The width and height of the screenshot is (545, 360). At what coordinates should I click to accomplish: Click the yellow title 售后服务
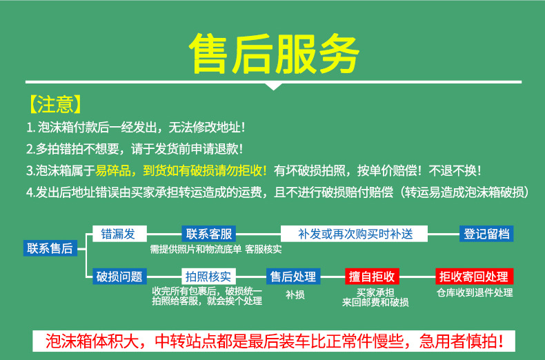[274, 52]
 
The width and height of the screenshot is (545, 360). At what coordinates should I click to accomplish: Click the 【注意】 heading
[56, 105]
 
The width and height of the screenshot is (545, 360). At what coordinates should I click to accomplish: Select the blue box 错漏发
[118, 234]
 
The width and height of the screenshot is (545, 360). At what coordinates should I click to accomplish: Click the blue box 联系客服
[209, 234]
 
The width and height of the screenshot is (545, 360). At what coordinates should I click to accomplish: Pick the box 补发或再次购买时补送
[355, 234]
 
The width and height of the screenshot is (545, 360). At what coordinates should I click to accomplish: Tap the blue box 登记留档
[487, 234]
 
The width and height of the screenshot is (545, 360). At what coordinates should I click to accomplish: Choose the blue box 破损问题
[119, 277]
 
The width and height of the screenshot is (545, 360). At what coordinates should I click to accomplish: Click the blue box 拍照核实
[210, 277]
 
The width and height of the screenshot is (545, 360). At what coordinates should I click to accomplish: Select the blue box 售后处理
[293, 277]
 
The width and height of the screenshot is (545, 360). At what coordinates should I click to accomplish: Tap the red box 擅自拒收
[372, 277]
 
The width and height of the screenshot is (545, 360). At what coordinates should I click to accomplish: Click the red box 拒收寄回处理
[475, 277]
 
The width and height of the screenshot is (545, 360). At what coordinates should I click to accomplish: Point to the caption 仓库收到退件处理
[475, 292]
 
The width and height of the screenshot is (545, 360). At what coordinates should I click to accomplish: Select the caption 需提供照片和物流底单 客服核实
[215, 248]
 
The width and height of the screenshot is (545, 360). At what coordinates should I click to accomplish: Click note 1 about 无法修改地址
[136, 128]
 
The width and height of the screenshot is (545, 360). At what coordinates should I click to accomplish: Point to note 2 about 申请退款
[135, 149]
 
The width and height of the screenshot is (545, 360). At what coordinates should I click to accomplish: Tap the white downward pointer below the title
[274, 86]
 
